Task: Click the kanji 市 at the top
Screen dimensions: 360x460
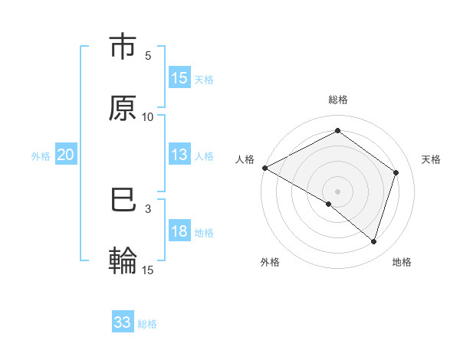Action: pyautogui.click(x=123, y=47)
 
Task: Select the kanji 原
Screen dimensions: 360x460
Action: pyautogui.click(x=123, y=108)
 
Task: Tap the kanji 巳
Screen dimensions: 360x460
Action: pyautogui.click(x=123, y=200)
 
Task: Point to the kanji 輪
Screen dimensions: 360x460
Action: pyautogui.click(x=123, y=260)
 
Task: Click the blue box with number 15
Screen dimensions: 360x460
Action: pyautogui.click(x=179, y=78)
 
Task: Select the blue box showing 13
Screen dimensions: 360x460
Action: pyautogui.click(x=179, y=155)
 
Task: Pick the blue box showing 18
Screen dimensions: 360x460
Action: pyautogui.click(x=179, y=231)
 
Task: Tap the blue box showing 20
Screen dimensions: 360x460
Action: pyautogui.click(x=65, y=155)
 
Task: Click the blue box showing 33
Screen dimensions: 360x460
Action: pyautogui.click(x=123, y=322)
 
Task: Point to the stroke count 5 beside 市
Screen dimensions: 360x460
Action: pyautogui.click(x=148, y=56)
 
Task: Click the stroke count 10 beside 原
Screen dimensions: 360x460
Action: pyautogui.click(x=148, y=116)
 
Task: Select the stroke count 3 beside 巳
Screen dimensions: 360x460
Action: pyautogui.click(x=148, y=208)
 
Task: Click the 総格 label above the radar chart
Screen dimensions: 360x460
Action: pyautogui.click(x=337, y=100)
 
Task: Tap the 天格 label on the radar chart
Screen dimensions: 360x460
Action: pyautogui.click(x=431, y=159)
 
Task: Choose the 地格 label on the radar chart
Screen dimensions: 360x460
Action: pyautogui.click(x=401, y=262)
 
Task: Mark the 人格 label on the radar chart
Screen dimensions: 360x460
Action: pyautogui.click(x=245, y=159)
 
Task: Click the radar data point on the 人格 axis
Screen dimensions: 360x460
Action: pyautogui.click(x=264, y=168)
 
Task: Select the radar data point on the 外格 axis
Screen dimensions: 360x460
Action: pyautogui.click(x=329, y=204)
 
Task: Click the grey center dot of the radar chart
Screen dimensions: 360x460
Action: pyautogui.click(x=337, y=191)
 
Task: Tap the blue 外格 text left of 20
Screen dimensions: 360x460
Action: pyautogui.click(x=41, y=155)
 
